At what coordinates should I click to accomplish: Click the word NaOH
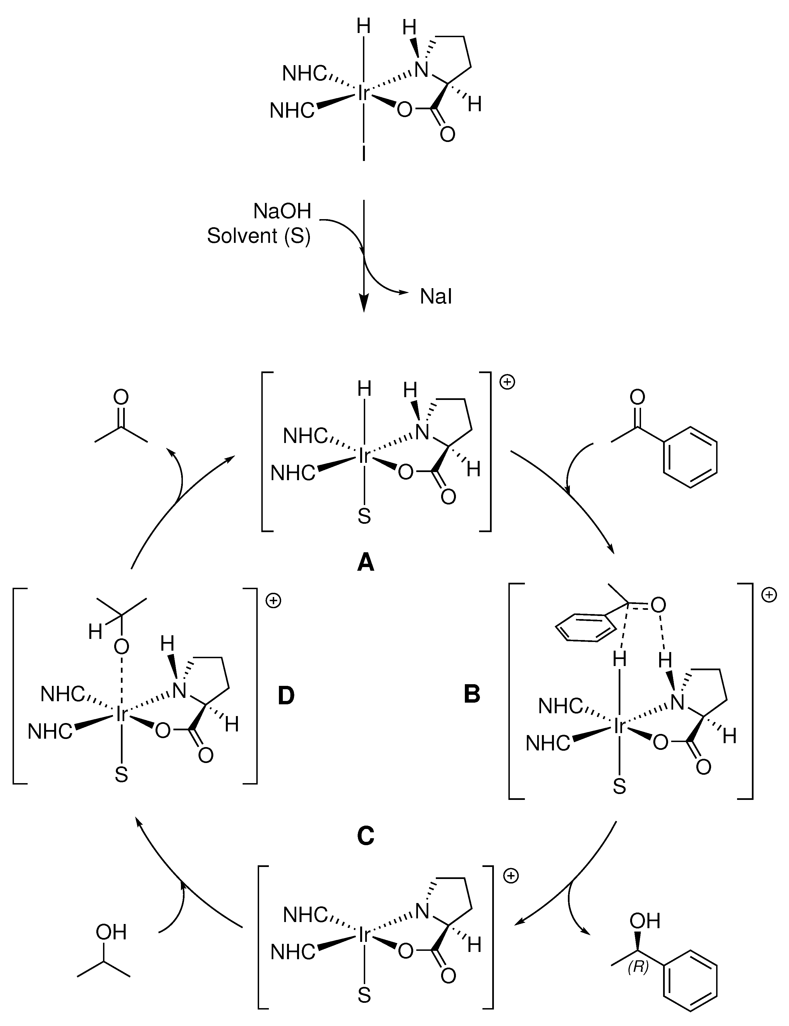(x=282, y=211)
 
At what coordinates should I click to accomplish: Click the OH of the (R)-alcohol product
(x=645, y=921)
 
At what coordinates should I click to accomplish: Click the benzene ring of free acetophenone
(x=690, y=457)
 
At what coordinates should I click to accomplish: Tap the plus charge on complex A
(x=507, y=382)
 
